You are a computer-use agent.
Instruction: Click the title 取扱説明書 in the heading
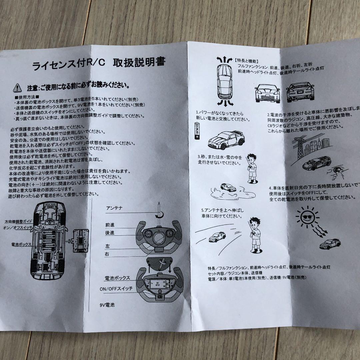click(140, 63)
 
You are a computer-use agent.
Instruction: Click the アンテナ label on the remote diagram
click(114, 208)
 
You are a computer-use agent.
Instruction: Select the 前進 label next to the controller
click(110, 225)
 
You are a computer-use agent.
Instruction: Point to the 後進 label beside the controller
click(110, 233)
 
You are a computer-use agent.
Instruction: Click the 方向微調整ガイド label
click(19, 221)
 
